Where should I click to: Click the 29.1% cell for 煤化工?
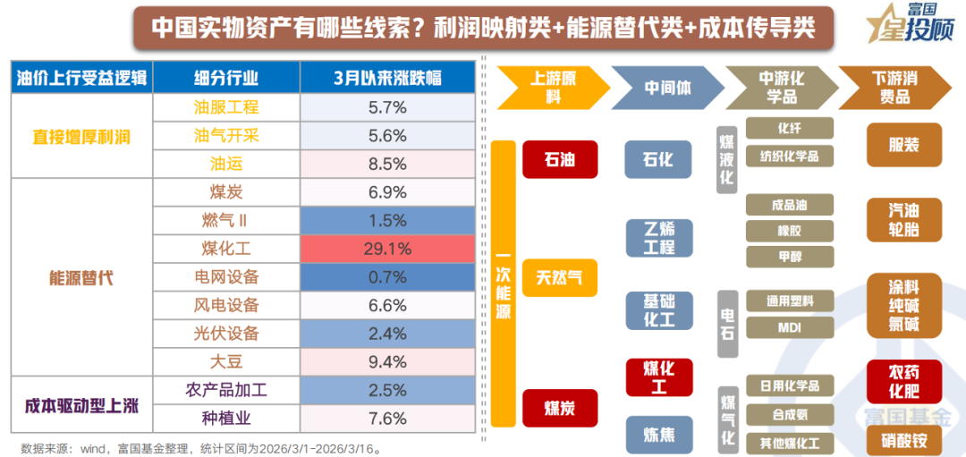tap(387, 249)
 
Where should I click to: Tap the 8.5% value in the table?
tap(387, 164)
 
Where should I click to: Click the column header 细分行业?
tap(226, 78)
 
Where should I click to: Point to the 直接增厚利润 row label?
tap(81, 136)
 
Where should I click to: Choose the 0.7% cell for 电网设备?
tap(387, 277)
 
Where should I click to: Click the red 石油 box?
tap(560, 160)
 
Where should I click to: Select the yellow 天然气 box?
tap(560, 277)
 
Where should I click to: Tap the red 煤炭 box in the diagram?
tap(560, 408)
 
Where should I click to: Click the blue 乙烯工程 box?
tap(659, 237)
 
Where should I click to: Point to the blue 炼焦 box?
tap(659, 435)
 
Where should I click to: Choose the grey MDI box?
tap(789, 327)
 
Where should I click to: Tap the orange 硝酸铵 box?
tap(903, 439)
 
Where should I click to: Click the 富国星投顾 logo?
tap(904, 25)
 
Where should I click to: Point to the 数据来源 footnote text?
tap(202, 447)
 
